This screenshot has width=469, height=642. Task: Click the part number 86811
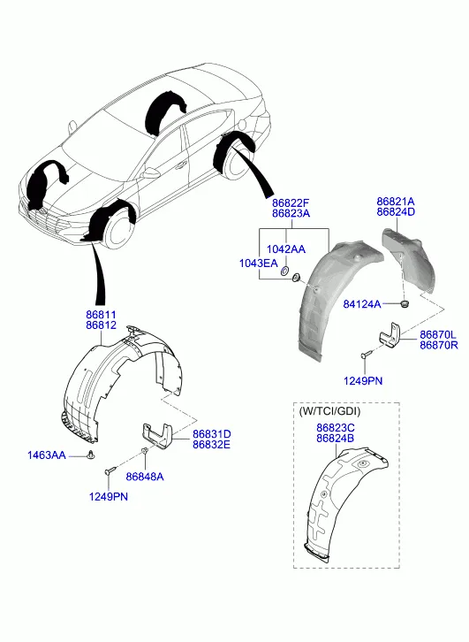pyautogui.click(x=101, y=315)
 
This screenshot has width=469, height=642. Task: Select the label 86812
pyautogui.click(x=101, y=325)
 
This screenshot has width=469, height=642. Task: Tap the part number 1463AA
pyautogui.click(x=46, y=455)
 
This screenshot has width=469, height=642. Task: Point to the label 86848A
pyautogui.click(x=145, y=477)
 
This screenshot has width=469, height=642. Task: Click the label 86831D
pyautogui.click(x=211, y=433)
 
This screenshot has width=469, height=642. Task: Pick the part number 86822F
pyautogui.click(x=291, y=203)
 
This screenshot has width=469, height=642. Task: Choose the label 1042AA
pyautogui.click(x=286, y=249)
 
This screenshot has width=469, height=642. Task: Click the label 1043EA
pyautogui.click(x=259, y=263)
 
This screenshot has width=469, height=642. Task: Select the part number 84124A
pyautogui.click(x=362, y=304)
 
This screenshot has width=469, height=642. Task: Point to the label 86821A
pyautogui.click(x=396, y=202)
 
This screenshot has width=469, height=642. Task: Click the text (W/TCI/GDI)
pyautogui.click(x=330, y=411)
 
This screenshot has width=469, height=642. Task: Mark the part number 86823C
pyautogui.click(x=336, y=427)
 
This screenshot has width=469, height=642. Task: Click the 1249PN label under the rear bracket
pyautogui.click(x=363, y=381)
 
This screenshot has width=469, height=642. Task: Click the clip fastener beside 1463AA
pyautogui.click(x=90, y=455)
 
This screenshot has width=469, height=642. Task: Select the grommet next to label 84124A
pyautogui.click(x=405, y=304)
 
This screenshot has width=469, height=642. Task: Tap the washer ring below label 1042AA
pyautogui.click(x=285, y=271)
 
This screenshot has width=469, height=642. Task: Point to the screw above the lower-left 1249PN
pyautogui.click(x=110, y=470)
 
